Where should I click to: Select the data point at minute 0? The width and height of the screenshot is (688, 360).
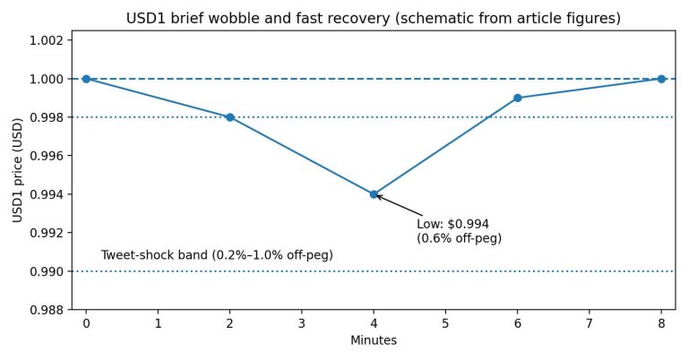pos(86,79)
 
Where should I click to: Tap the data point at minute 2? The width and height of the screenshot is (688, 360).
pos(230,117)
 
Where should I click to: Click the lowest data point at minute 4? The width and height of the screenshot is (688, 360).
pos(374,194)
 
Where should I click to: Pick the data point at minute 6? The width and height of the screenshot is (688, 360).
pos(518,98)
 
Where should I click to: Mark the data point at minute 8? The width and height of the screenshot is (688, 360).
pos(661,79)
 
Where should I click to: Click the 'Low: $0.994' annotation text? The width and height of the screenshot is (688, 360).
pos(452,224)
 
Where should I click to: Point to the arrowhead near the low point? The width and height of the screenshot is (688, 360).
pos(378,196)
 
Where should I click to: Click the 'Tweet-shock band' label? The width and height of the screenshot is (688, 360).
pos(217,255)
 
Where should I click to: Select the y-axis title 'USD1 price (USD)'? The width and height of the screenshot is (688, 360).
pos(17,169)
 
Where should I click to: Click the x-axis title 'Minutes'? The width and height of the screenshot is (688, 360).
pos(374,340)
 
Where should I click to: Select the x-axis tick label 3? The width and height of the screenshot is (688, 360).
pos(302,322)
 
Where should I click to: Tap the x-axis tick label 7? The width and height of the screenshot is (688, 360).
pos(589,322)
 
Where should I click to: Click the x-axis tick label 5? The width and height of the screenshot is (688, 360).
pos(445,322)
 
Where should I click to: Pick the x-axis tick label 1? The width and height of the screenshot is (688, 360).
pos(158,322)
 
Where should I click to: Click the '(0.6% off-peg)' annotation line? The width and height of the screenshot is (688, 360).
pos(459,239)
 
